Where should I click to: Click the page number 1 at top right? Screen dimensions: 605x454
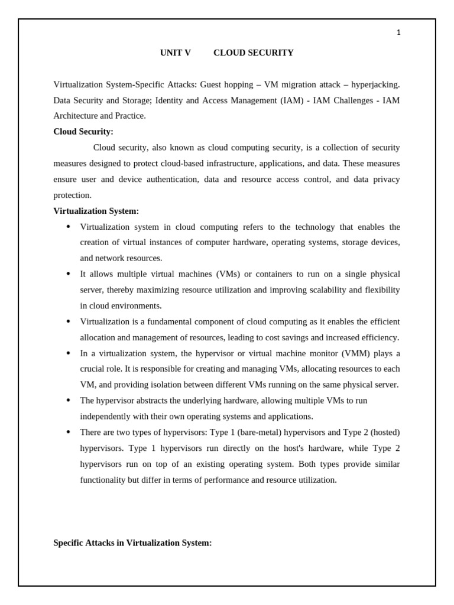click(x=398, y=32)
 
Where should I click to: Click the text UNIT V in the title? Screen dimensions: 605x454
click(x=175, y=53)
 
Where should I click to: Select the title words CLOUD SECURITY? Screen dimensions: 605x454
click(x=253, y=53)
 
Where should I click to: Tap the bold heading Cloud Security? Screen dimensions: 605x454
click(x=83, y=132)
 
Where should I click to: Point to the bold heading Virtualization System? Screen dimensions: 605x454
click(x=96, y=211)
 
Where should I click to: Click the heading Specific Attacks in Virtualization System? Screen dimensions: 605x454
click(x=132, y=542)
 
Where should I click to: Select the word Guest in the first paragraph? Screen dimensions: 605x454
click(x=210, y=84)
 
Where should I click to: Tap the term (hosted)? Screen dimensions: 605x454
click(x=385, y=432)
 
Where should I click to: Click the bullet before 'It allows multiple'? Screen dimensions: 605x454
click(x=68, y=274)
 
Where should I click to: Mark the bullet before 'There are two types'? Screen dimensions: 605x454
click(x=68, y=432)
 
